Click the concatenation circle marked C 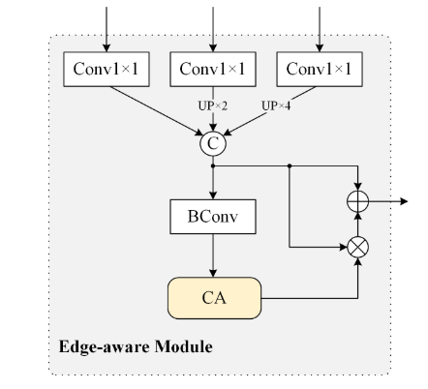point(212,144)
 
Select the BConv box point(212,217)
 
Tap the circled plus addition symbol point(358,201)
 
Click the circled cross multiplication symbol point(358,247)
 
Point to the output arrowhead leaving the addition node point(403,201)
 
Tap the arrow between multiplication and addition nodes point(358,224)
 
